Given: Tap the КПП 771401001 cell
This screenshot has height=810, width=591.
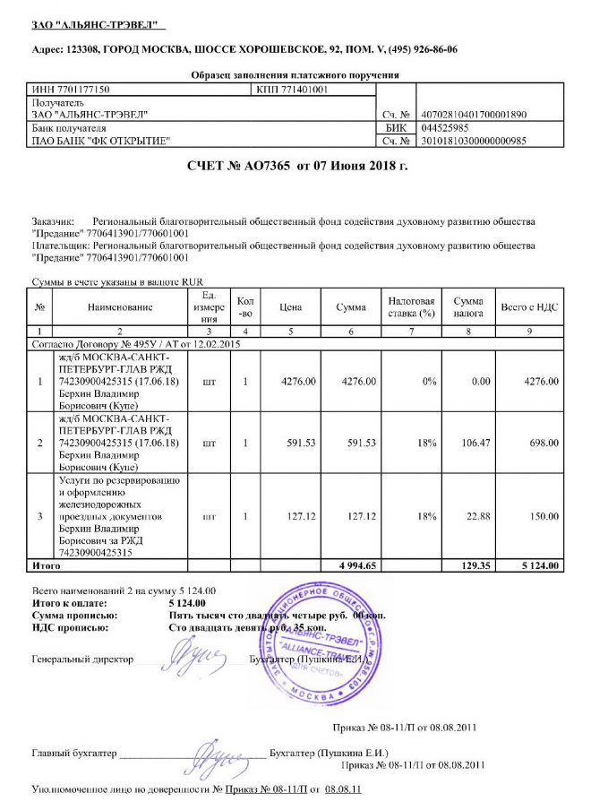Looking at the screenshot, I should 292,90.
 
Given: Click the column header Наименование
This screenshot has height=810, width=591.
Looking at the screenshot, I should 120,307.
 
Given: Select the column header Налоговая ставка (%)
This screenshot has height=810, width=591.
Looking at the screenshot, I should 412,307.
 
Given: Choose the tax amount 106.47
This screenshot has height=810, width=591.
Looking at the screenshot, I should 469,443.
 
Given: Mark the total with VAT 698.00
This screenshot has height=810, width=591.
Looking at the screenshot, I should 542,443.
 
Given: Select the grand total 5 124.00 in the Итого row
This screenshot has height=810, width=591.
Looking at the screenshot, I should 540,565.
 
